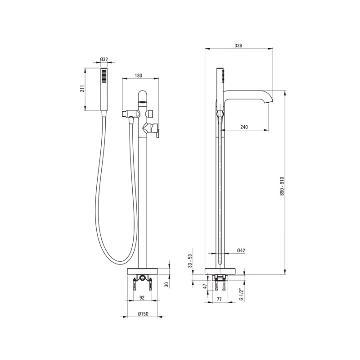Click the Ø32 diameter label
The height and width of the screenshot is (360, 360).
104,59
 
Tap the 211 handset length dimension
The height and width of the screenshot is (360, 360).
83,88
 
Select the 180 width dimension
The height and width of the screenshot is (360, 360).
139,75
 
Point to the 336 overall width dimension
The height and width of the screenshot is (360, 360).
238,46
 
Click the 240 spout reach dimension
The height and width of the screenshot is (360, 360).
244,127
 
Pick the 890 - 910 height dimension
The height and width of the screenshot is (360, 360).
282,186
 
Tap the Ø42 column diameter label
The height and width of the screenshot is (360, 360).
241,251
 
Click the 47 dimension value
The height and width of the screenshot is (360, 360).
205,286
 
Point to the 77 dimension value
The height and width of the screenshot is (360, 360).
219,299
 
